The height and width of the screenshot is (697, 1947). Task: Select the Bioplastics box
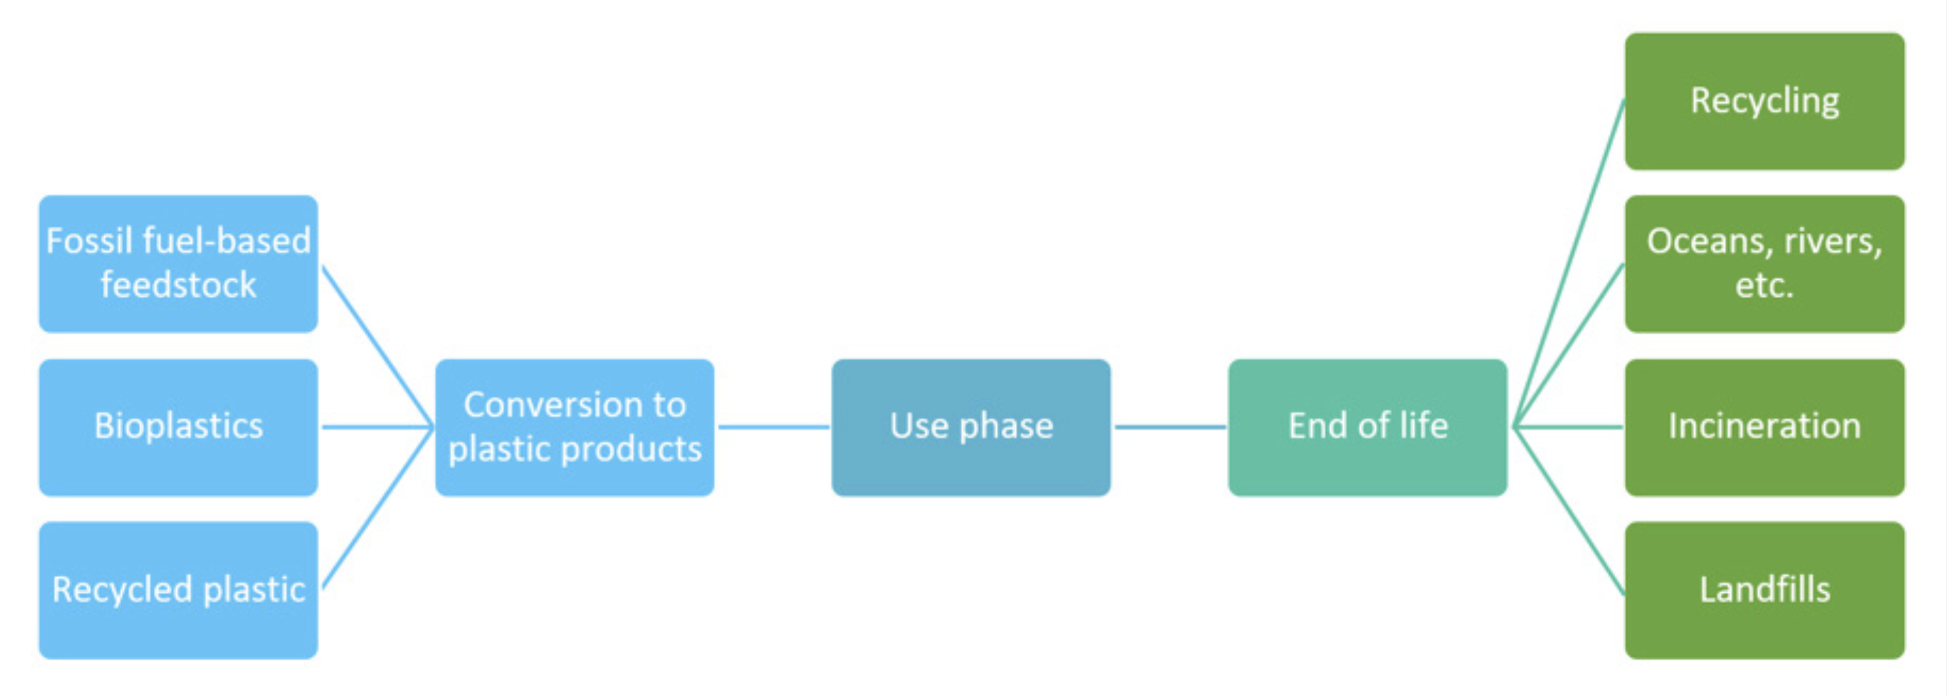click(178, 427)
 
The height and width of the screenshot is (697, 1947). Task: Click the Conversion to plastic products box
click(574, 427)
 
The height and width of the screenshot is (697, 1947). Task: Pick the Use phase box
click(971, 427)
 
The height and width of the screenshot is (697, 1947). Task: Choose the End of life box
click(1367, 427)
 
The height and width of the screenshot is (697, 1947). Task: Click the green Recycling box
click(1764, 101)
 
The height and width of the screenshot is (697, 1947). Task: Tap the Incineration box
click(1764, 427)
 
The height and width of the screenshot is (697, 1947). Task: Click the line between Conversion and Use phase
click(773, 427)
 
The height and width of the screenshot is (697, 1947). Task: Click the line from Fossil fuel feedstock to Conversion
click(377, 346)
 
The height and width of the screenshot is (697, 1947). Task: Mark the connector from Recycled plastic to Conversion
click(377, 509)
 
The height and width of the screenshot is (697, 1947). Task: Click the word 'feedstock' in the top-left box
click(178, 285)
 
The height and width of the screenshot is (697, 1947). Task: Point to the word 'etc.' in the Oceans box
click(1764, 285)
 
